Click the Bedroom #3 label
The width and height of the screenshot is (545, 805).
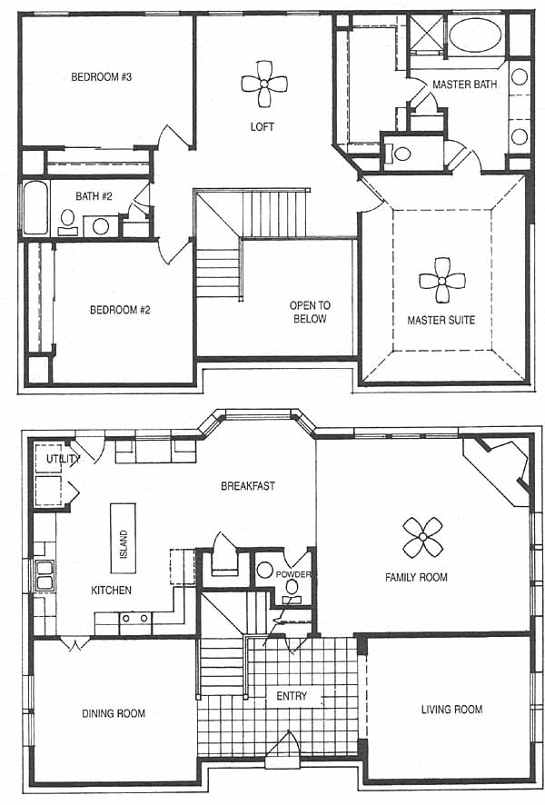pyautogui.click(x=102, y=77)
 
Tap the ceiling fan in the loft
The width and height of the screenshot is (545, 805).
pyautogui.click(x=263, y=84)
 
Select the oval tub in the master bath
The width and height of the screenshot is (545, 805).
pyautogui.click(x=475, y=35)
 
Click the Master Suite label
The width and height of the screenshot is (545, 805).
pyautogui.click(x=441, y=321)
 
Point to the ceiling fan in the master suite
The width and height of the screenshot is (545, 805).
pyautogui.click(x=441, y=281)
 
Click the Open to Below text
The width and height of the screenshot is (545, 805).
pyautogui.click(x=310, y=313)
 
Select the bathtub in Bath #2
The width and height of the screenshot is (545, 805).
pyautogui.click(x=35, y=207)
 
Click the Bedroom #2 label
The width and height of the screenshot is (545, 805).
pyautogui.click(x=120, y=310)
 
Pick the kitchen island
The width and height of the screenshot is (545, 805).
pyautogui.click(x=124, y=538)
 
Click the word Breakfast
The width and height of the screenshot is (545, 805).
pyautogui.click(x=248, y=486)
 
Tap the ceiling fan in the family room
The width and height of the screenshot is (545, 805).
pyautogui.click(x=422, y=537)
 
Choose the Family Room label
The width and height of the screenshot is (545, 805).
pyautogui.click(x=416, y=577)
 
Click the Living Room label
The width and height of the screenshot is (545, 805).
pyautogui.click(x=451, y=710)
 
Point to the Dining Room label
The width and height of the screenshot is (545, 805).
pyautogui.click(x=114, y=713)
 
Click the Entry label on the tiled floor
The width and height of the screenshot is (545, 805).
pyautogui.click(x=292, y=696)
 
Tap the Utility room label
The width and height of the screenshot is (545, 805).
pyautogui.click(x=63, y=459)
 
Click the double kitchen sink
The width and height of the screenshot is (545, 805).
pyautogui.click(x=45, y=575)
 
